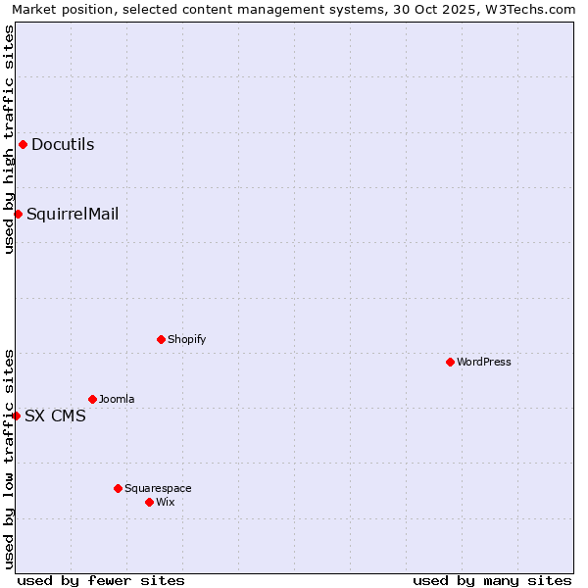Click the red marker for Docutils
coord(23,145)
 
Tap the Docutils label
coord(63,145)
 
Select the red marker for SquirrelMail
coord(18,214)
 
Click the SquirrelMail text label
coord(73,214)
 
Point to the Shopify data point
coord(161,339)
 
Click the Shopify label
coord(186,339)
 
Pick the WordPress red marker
coord(450,362)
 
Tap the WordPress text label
coord(483,362)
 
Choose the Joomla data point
coord(92,399)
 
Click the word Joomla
coord(117,399)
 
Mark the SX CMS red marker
coord(16,416)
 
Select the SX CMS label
coord(55,416)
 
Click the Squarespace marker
coord(118,488)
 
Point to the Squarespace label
coord(158,488)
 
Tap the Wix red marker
coord(149,502)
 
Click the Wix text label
coord(166,502)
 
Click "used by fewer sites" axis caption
coord(101,580)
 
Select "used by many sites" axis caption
coord(492,580)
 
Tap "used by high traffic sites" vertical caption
coord(10,139)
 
